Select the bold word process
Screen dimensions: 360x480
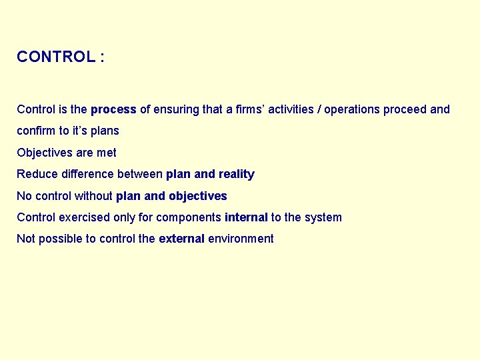113,109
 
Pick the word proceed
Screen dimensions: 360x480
405,109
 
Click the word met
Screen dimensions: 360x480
106,153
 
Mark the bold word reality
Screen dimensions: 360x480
236,174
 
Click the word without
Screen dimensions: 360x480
93,196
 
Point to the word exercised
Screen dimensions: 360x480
83,217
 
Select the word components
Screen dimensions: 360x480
189,217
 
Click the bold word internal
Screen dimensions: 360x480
246,217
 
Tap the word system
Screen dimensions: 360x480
323,217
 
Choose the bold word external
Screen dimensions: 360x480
181,239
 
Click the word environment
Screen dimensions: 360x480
241,239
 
